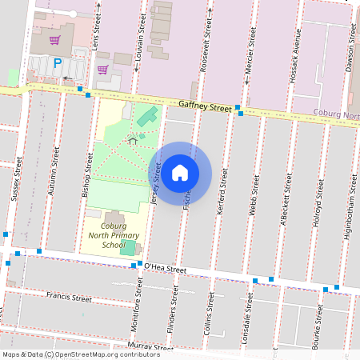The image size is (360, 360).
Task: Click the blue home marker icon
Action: coord(180,172)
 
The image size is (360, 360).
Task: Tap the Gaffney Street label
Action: coord(205,106)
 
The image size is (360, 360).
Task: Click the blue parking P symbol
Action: coord(57,63)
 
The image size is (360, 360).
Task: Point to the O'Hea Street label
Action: coord(165,269)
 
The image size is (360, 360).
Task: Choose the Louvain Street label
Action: coord(142,39)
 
